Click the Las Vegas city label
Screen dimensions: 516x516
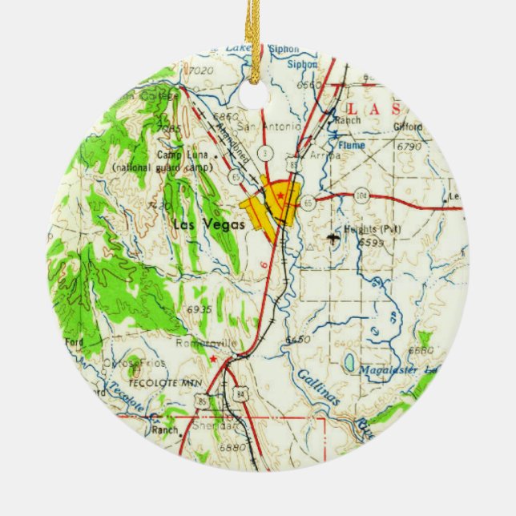coord(200,224)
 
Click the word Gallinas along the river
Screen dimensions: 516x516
coord(317,390)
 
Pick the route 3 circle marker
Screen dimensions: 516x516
coord(263,152)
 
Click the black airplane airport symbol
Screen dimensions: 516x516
coord(333,237)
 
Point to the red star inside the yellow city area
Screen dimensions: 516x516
coord(280,196)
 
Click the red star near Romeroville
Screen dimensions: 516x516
coord(212,360)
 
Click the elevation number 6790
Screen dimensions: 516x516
coord(408,147)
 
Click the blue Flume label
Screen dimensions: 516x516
coord(351,145)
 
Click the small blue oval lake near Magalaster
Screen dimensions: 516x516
coord(350,364)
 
